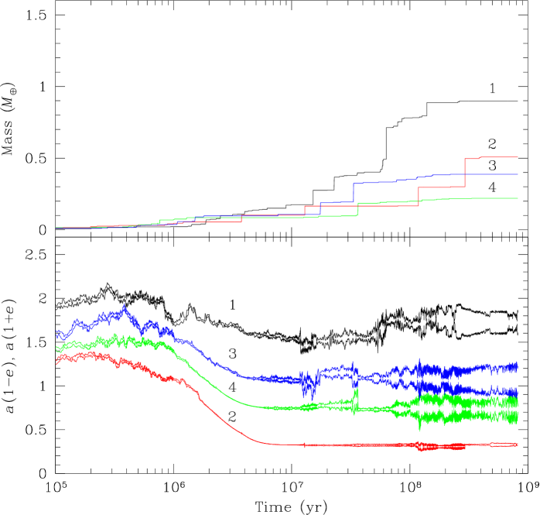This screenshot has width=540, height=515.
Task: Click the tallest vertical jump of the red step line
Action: click(x=465, y=172)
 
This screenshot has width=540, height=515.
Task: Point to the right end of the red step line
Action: click(x=518, y=157)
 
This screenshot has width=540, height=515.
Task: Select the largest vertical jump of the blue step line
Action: click(x=354, y=193)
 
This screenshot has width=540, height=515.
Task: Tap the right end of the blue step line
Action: click(x=518, y=173)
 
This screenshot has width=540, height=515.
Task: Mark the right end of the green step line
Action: click(x=518, y=198)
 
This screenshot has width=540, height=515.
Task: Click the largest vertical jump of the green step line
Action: click(x=358, y=210)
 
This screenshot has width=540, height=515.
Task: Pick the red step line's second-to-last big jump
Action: click(x=419, y=194)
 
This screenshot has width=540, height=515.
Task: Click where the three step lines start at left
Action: click(x=56, y=228)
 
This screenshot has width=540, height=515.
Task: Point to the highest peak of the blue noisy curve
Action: click(x=125, y=306)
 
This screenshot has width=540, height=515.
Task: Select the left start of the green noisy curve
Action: click(x=56, y=348)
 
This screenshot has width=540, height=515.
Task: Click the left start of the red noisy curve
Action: click(x=57, y=359)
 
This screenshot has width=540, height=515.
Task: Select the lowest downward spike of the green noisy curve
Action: click(x=420, y=427)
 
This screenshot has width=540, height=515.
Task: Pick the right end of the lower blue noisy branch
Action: click(x=518, y=393)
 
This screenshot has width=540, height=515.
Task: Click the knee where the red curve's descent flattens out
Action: click(x=267, y=443)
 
